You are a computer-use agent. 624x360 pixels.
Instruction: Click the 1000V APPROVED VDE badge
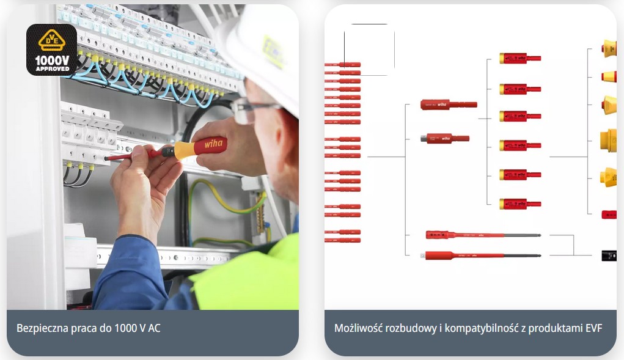pos(51,50)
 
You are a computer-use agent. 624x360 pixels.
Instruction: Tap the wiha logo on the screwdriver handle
pos(213,145)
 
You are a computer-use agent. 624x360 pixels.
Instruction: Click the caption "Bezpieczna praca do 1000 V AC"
pos(88,328)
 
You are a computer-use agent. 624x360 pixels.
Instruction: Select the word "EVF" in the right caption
pos(593,328)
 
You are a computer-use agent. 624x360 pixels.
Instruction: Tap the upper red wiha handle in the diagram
pos(448,105)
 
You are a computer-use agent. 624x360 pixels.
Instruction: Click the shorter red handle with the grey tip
pos(444,138)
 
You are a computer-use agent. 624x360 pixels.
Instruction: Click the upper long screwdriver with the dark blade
pos(483,235)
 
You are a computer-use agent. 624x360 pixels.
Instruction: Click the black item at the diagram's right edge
pos(609,255)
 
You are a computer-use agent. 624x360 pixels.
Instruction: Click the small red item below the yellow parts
pos(609,215)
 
